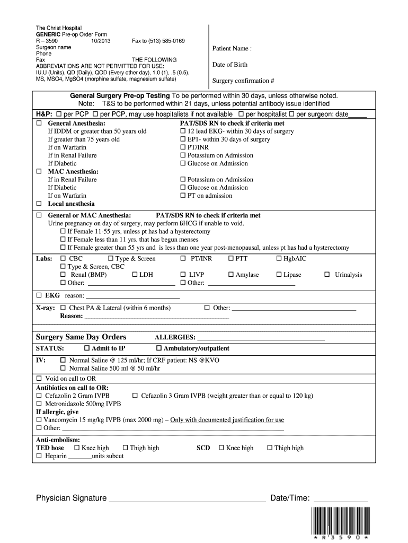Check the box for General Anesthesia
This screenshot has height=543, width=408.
[x=39, y=123]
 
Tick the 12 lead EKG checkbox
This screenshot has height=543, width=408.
[x=183, y=131]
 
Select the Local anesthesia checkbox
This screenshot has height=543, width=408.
[x=39, y=204]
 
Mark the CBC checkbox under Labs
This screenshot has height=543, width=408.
[x=63, y=259]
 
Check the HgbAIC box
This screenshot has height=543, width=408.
[x=279, y=259]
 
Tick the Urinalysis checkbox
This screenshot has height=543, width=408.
[x=327, y=275]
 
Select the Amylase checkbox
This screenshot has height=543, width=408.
[x=230, y=275]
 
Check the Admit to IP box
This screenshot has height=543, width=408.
[x=87, y=348]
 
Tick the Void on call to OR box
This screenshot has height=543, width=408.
[x=39, y=379]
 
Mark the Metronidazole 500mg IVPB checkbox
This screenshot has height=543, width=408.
[x=39, y=404]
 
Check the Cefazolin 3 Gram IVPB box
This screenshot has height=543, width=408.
[x=135, y=396]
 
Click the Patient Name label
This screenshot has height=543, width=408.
[x=232, y=49]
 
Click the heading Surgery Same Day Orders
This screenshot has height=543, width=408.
[x=81, y=337]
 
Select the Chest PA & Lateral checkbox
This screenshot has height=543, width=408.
[x=63, y=308]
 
